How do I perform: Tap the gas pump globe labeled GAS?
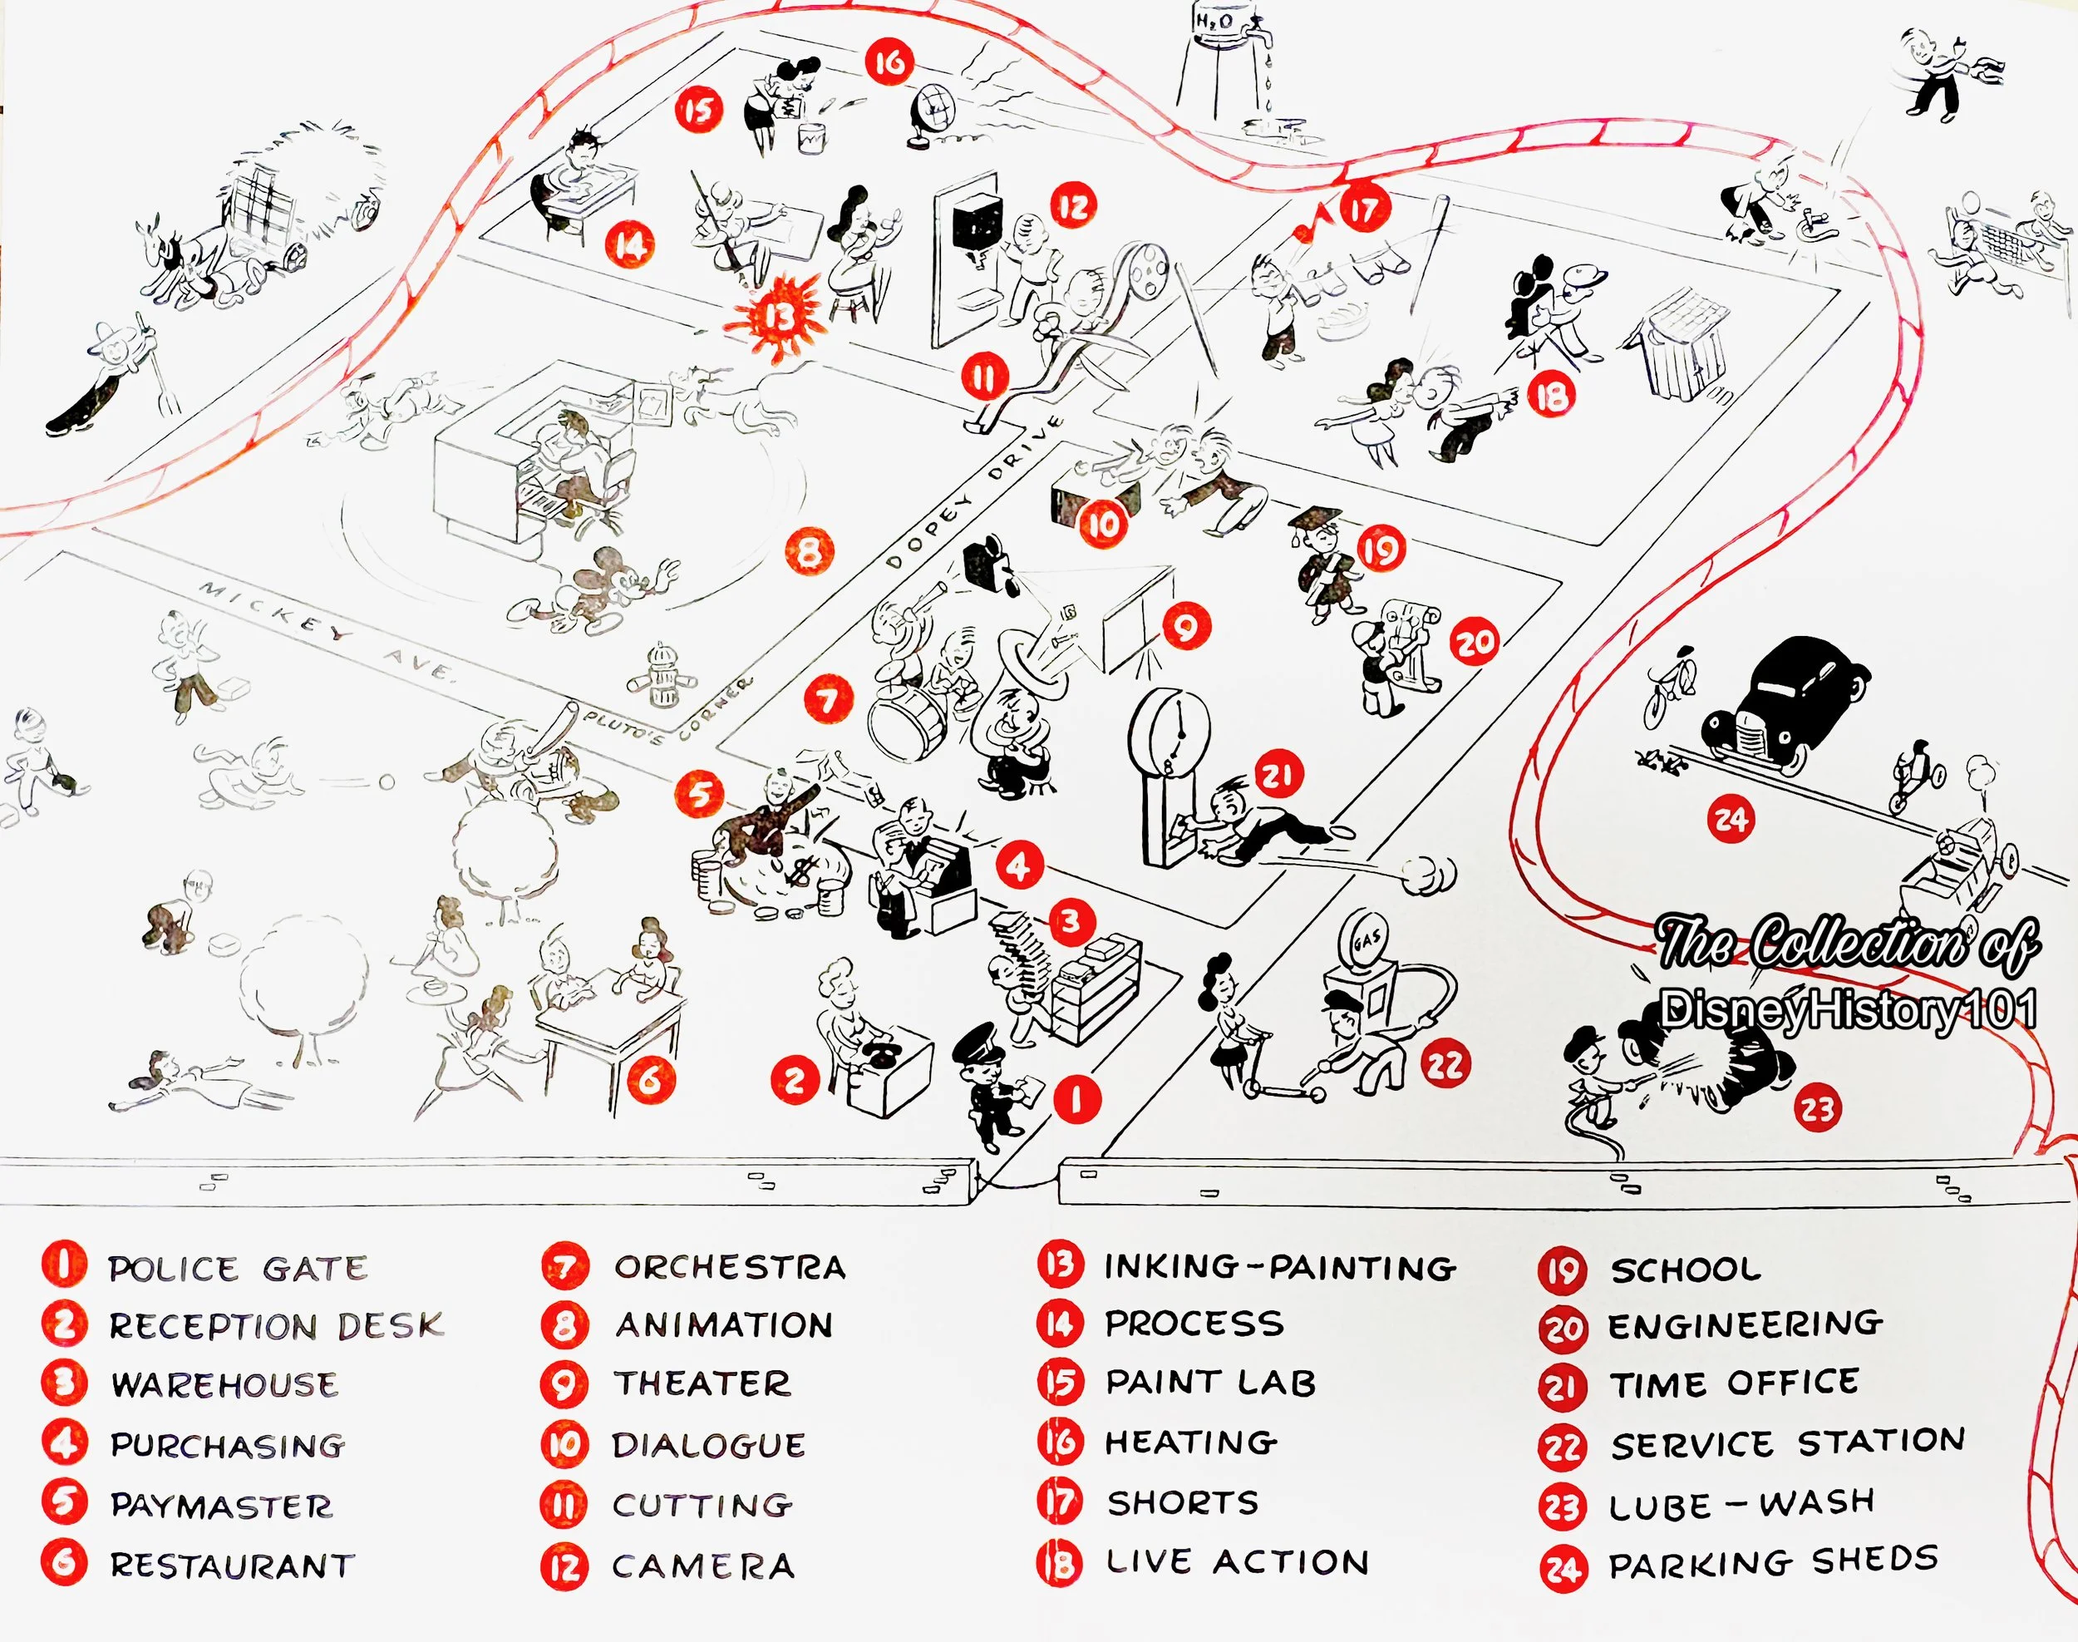click(x=1366, y=939)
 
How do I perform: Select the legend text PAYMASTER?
click(x=221, y=1506)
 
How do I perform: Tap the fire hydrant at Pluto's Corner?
click(x=660, y=677)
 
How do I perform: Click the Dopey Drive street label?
click(x=973, y=492)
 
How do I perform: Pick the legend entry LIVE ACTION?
click(x=1237, y=1562)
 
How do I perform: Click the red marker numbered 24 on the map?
click(x=1731, y=819)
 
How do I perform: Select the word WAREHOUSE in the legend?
click(x=225, y=1385)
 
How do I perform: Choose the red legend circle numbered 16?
click(x=1060, y=1442)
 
